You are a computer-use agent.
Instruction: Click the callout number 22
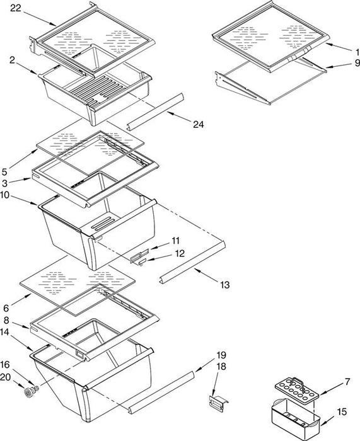[16, 8]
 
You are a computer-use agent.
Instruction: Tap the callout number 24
[198, 124]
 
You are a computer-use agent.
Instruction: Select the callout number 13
[224, 285]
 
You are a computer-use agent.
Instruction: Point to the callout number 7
[347, 382]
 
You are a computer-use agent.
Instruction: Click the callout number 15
[342, 412]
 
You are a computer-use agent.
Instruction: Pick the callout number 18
[221, 367]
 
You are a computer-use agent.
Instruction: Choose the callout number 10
[5, 195]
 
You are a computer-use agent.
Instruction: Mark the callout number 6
[6, 308]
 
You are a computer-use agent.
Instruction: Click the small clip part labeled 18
[218, 403]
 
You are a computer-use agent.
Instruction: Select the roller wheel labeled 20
[29, 392]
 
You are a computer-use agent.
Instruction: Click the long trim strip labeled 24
[155, 112]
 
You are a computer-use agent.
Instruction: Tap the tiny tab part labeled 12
[142, 262]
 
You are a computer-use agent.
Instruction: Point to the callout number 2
[12, 60]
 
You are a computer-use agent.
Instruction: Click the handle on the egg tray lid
[298, 383]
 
